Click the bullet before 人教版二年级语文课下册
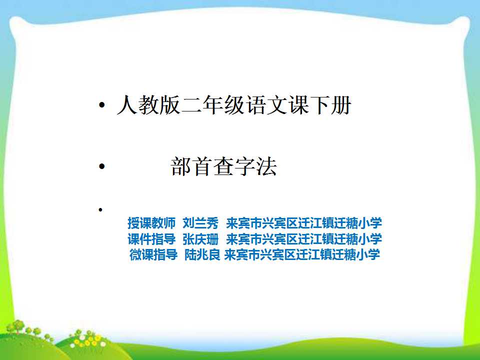tap(102, 105)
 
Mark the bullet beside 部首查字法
tap(102, 166)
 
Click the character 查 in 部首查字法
tap(224, 166)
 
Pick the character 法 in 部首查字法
tap(266, 166)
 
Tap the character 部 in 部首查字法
tap(181, 166)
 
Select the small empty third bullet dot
tap(100, 209)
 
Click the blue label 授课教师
tap(151, 223)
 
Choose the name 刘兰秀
tap(200, 223)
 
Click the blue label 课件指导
tap(151, 239)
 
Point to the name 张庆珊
tap(200, 239)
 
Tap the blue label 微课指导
tap(153, 254)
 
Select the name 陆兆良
tap(202, 254)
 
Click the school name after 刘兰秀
tap(303, 223)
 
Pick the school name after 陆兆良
tap(302, 254)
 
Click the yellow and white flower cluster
tap(87, 340)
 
